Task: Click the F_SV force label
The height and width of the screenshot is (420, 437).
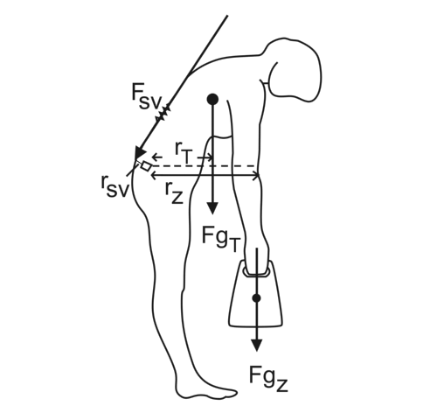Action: [x=147, y=96]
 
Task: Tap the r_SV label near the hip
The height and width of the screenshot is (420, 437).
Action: [x=114, y=187]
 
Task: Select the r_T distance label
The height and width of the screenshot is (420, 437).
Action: [x=184, y=152]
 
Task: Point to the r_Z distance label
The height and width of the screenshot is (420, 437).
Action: [x=174, y=192]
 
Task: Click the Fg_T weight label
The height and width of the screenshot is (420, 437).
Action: [x=221, y=239]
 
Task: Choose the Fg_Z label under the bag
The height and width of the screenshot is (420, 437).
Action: [x=268, y=378]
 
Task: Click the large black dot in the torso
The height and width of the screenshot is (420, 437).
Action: [x=212, y=99]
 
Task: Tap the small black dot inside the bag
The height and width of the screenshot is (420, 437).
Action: [x=256, y=298]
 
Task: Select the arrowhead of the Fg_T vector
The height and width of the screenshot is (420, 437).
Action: [x=212, y=208]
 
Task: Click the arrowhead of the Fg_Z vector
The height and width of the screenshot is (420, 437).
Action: [x=256, y=345]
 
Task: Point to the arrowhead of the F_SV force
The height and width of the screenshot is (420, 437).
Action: [x=140, y=153]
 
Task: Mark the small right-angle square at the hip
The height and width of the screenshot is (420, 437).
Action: [x=146, y=166]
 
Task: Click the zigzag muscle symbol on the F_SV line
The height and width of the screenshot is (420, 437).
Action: [x=163, y=114]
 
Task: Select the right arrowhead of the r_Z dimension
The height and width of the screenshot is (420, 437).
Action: [x=256, y=176]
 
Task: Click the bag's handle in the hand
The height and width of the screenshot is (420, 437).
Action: [x=256, y=273]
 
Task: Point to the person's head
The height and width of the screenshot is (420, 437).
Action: [x=295, y=69]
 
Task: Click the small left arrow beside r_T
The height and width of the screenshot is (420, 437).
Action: [x=157, y=157]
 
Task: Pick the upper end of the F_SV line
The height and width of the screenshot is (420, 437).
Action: [x=227, y=16]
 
